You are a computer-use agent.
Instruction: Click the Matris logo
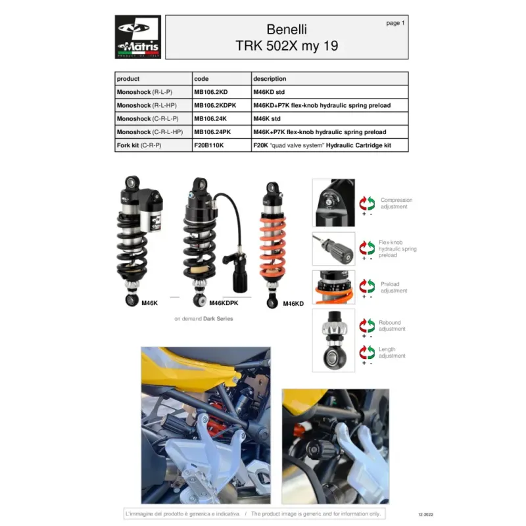point(138,37)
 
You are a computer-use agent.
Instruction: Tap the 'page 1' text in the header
point(395,23)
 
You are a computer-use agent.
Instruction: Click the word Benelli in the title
point(287,30)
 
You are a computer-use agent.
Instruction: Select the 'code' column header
point(201,79)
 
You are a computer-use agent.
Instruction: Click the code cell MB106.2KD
point(210,92)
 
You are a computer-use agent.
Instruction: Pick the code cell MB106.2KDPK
point(215,105)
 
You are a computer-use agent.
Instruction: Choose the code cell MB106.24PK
point(212,132)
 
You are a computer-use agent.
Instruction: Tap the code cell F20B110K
point(208,145)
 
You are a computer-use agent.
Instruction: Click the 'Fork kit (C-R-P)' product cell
point(139,145)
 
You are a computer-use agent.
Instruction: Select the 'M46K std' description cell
point(267,119)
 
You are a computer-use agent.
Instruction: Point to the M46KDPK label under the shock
point(224,303)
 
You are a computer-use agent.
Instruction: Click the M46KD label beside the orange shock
point(293,304)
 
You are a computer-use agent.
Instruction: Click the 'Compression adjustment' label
point(396,203)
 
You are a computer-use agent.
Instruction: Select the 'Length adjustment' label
point(392,352)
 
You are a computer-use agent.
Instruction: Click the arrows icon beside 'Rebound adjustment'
point(367,325)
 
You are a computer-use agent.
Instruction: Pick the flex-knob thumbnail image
point(333,249)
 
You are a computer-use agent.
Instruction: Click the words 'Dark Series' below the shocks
point(218,319)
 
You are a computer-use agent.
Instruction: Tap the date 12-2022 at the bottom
point(425,514)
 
